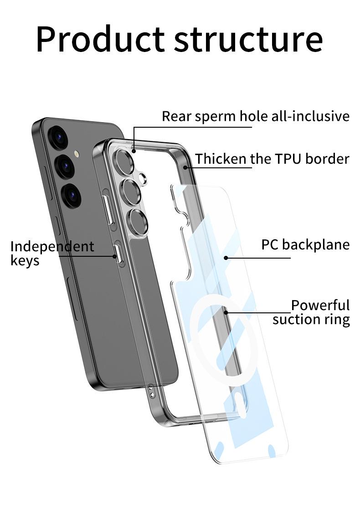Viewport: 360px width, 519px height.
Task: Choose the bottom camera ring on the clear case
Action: click(138, 222)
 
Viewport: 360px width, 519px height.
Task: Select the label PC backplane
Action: click(305, 245)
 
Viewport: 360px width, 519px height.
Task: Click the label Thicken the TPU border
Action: click(272, 159)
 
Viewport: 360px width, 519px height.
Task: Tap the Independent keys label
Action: click(51, 253)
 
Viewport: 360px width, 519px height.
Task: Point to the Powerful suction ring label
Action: click(311, 312)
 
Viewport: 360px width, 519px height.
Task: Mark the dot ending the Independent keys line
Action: click(115, 256)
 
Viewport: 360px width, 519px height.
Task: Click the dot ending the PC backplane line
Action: click(226, 258)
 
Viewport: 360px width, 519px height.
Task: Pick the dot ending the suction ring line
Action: click(226, 312)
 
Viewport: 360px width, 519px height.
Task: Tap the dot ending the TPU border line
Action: click(185, 167)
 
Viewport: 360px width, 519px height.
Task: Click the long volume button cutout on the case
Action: click(109, 210)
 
